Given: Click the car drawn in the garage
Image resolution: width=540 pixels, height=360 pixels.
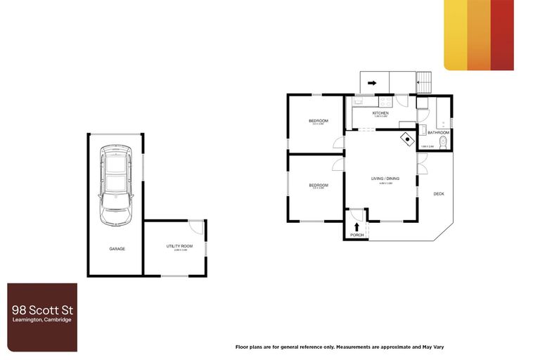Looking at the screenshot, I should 115,185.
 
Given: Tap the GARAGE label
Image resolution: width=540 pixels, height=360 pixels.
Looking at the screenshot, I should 117,249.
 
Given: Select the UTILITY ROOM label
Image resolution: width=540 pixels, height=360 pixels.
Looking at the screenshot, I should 176,245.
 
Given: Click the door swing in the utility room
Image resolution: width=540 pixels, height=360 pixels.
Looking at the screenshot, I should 196,228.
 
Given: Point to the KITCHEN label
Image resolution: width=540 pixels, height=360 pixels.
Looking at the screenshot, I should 380,113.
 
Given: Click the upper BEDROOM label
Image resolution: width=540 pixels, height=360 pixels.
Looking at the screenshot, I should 319,121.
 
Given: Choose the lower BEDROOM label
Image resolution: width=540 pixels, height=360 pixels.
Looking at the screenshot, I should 319,185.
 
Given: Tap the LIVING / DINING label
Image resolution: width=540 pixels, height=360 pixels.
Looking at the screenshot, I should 385,179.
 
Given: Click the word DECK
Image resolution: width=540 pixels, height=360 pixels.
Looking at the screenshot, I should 439,194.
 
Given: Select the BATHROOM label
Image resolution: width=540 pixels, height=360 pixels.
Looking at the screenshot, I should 438,132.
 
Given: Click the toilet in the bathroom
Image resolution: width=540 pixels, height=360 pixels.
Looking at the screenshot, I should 440,145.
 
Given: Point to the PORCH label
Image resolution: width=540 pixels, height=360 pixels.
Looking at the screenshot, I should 357,235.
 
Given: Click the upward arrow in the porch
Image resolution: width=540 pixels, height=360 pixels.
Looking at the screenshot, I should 357,226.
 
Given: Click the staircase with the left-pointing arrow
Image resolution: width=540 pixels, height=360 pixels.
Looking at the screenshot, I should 423,83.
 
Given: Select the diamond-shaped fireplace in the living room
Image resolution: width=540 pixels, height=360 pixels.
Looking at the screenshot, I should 406,139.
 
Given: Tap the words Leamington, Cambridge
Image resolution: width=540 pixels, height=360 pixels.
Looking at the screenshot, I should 41,320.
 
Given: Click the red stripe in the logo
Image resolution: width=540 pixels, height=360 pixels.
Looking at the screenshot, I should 502,35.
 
